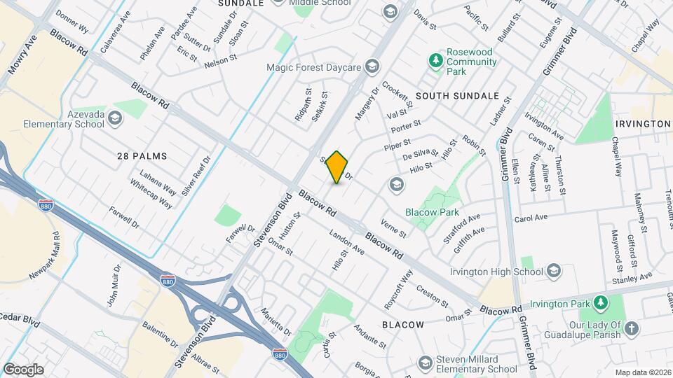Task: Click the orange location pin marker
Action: pos(337,167)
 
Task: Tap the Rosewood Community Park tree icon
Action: pos(436,62)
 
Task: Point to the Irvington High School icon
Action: pos(553,271)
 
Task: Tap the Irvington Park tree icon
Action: pos(599,302)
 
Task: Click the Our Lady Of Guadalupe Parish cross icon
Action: pos(632,329)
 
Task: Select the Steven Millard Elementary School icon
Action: pos(425,363)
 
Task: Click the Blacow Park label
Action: pos(430,211)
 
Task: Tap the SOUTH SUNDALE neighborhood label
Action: pos(457,95)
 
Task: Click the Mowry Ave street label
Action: pos(21,55)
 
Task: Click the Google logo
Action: pos(23,369)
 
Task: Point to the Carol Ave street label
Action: pos(531,218)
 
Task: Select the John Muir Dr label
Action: pos(113,285)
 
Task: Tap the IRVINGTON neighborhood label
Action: pos(642,124)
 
